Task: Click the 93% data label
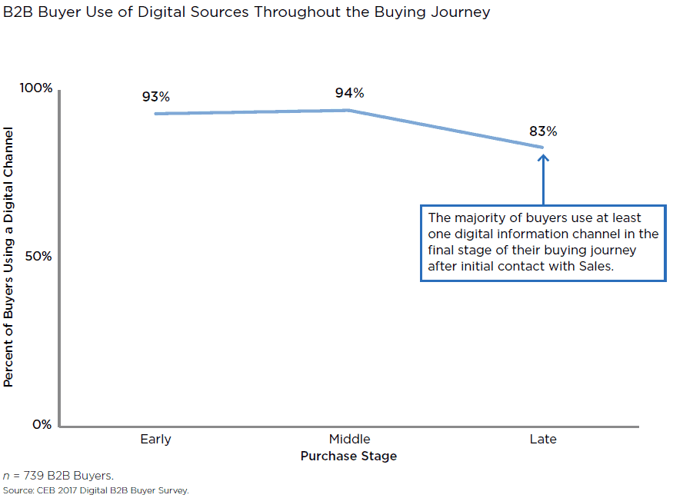coord(155,97)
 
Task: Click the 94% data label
coord(349,93)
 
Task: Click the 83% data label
coord(543,131)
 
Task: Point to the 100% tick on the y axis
coord(36,88)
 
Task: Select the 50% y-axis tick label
coord(39,256)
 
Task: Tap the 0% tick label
coord(42,425)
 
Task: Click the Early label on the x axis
coord(155,440)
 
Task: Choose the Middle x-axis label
coord(349,440)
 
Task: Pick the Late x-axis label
coord(543,440)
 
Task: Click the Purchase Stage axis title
coord(349,456)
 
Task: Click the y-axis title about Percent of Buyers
coord(9,257)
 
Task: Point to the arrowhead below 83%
coord(543,158)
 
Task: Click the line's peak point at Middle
coord(349,110)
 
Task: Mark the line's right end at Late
coord(542,147)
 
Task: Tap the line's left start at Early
coord(156,114)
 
